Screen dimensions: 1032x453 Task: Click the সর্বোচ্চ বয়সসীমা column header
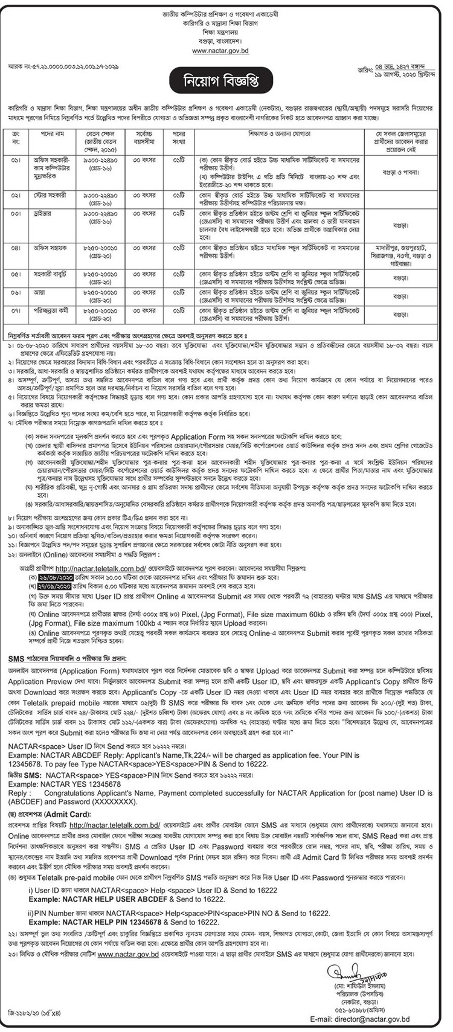[142, 136]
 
